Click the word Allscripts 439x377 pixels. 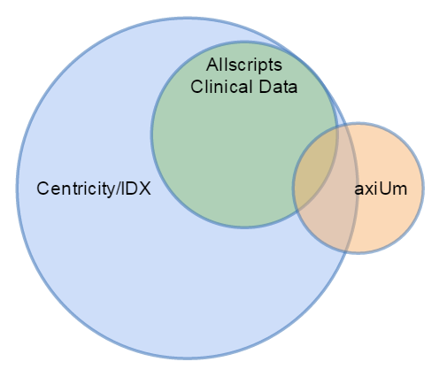pos(244,65)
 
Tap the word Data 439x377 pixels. pos(278,87)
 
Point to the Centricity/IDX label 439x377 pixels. pos(94,188)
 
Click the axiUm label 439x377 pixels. pos(381,188)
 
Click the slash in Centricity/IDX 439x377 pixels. pos(119,188)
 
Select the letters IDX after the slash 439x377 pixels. pos(136,188)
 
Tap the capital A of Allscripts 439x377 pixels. pos(212,65)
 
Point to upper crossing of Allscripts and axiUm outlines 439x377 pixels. pos(336,127)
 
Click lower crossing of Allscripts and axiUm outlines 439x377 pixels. pos(297,212)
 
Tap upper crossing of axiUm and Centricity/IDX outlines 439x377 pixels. pos(347,124)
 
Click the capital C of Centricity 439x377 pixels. pos(43,188)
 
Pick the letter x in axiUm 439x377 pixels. pos(368,190)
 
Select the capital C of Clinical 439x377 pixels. pos(196,87)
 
